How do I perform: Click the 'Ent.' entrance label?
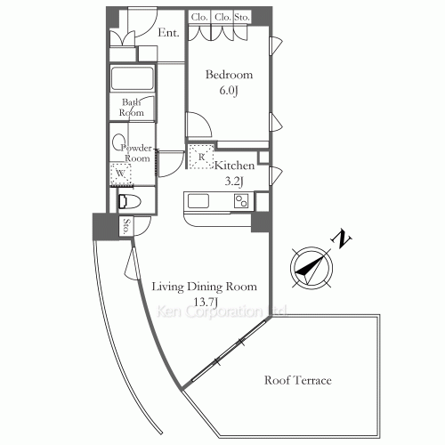168,34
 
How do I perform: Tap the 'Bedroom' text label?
229,75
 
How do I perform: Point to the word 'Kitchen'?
235,166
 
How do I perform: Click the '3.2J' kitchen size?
235,182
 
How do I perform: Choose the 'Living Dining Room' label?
204,287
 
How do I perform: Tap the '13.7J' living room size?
204,302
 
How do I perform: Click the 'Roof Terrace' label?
298,381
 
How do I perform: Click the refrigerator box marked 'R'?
201,158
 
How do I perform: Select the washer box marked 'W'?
117,174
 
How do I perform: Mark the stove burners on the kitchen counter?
241,201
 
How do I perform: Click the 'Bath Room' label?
132,108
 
